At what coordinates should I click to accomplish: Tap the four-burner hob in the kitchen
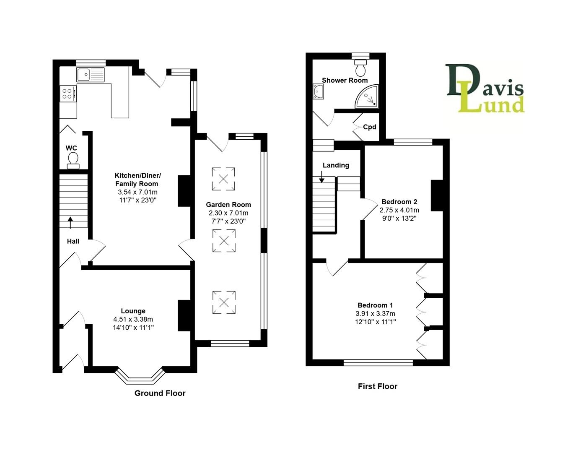pyautogui.click(x=68, y=93)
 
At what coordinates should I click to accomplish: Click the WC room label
pyautogui.click(x=71, y=148)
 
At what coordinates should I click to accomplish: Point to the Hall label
pyautogui.click(x=73, y=241)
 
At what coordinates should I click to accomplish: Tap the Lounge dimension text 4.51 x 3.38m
pyautogui.click(x=133, y=319)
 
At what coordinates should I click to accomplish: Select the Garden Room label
pyautogui.click(x=228, y=205)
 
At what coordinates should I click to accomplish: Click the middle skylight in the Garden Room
pyautogui.click(x=224, y=241)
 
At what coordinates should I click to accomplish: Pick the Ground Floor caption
pyautogui.click(x=160, y=393)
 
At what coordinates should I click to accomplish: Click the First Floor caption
pyautogui.click(x=377, y=386)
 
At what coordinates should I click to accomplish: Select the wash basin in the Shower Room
pyautogui.click(x=318, y=91)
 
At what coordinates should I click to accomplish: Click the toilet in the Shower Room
pyautogui.click(x=360, y=67)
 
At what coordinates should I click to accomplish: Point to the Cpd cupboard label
pyautogui.click(x=369, y=127)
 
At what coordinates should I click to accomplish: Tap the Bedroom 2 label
pyautogui.click(x=399, y=202)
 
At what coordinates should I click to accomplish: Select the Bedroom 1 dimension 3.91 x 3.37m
pyautogui.click(x=375, y=313)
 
